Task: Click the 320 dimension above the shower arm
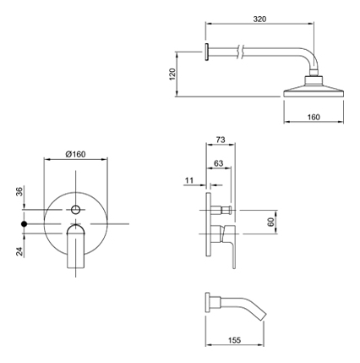[259, 19]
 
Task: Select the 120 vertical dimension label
[172, 74]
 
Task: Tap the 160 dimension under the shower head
[314, 117]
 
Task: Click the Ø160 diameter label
[75, 154]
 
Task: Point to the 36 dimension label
[19, 191]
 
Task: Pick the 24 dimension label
[19, 251]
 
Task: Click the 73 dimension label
[221, 140]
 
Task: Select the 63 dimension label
[219, 163]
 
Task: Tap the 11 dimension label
[189, 180]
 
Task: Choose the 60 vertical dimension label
[270, 222]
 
